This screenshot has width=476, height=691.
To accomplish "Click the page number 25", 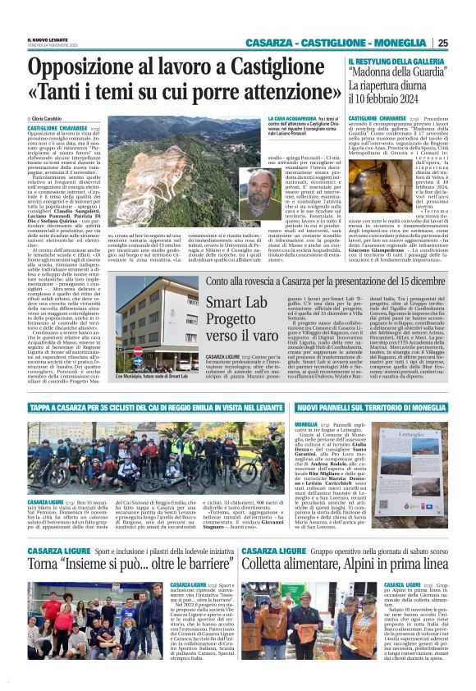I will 465,43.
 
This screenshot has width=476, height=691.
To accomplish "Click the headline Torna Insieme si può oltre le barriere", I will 119,565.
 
